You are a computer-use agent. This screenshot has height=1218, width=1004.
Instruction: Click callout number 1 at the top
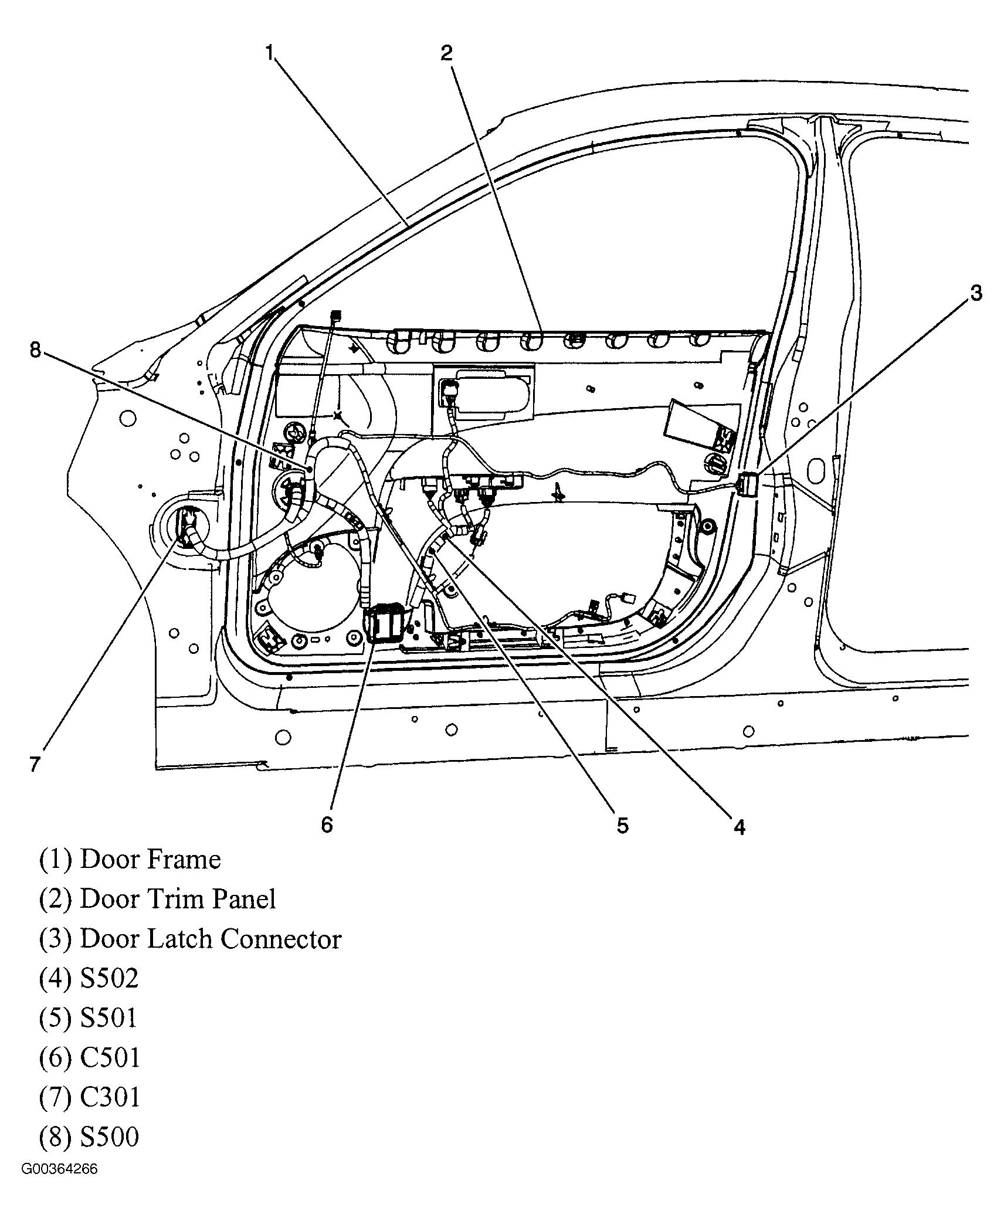[269, 54]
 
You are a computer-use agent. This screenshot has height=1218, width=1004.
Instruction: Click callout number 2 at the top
[447, 54]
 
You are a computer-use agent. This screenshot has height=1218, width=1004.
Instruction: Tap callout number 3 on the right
[976, 293]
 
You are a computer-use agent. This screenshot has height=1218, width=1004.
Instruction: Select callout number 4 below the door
[740, 827]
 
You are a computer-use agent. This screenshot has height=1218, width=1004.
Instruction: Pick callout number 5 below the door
[622, 826]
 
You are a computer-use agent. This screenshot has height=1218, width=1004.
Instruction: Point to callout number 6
[327, 825]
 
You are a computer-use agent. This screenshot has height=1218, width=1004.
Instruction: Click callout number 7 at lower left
[35, 764]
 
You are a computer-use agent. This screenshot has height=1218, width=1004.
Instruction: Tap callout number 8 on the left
[35, 351]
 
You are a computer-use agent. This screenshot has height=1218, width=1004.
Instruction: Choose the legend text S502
[109, 978]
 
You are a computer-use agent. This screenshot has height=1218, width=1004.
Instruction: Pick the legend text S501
[108, 1017]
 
